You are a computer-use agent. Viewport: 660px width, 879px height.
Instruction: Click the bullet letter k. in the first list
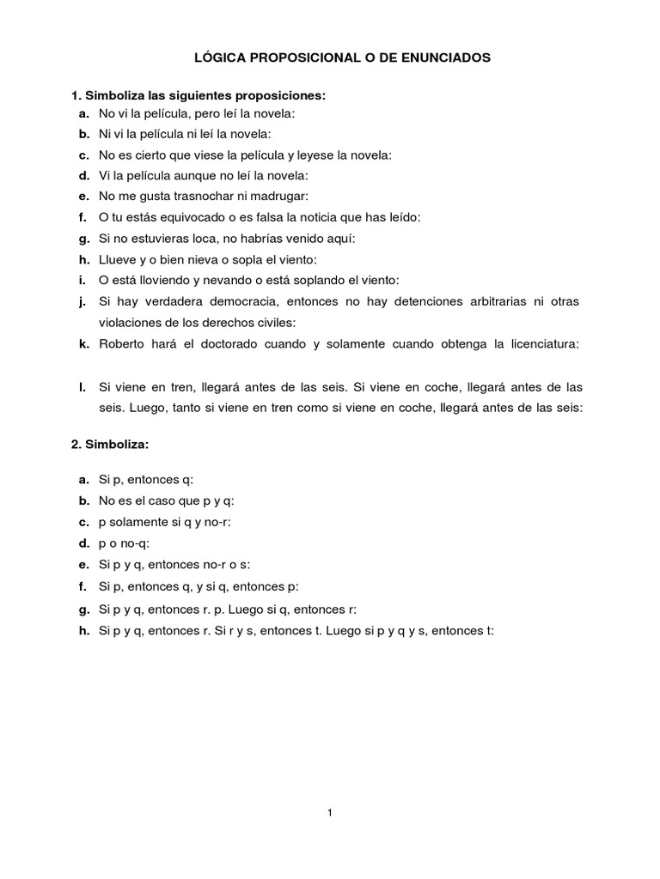click(x=82, y=344)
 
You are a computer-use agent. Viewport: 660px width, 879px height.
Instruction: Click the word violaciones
click(x=135, y=323)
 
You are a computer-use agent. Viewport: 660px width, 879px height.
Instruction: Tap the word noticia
click(x=327, y=217)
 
